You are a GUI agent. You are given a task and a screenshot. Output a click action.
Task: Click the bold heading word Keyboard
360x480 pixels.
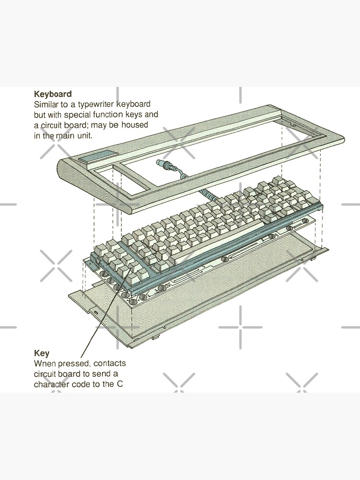[x=53, y=94]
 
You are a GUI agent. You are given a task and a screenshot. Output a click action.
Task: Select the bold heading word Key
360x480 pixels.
[x=41, y=353]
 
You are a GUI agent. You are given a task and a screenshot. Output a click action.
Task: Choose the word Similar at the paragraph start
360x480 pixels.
[x=47, y=104]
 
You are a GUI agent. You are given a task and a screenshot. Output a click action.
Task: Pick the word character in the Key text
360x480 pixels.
[x=50, y=384]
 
